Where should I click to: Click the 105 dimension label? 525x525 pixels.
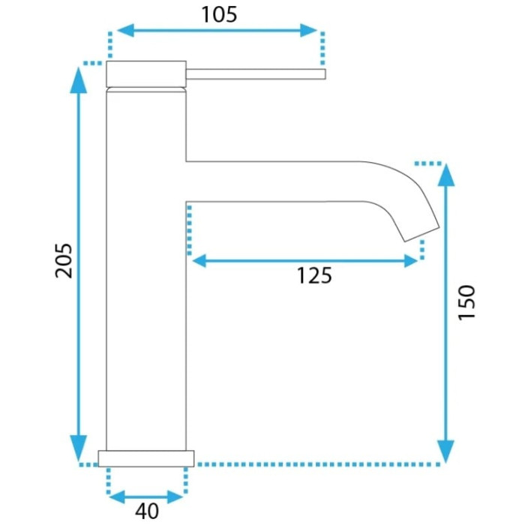click(219, 15)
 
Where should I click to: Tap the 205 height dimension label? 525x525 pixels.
click(64, 261)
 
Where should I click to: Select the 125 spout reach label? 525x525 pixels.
click(314, 275)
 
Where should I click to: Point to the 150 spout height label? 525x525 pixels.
click(466, 303)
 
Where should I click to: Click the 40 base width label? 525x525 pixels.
click(147, 511)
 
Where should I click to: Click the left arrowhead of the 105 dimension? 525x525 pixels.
click(125, 31)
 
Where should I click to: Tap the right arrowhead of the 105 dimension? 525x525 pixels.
click(308, 31)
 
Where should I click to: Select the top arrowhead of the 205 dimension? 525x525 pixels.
click(78, 80)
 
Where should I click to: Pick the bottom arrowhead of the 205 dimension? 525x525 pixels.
click(78, 448)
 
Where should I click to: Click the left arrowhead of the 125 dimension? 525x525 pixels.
click(199, 261)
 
